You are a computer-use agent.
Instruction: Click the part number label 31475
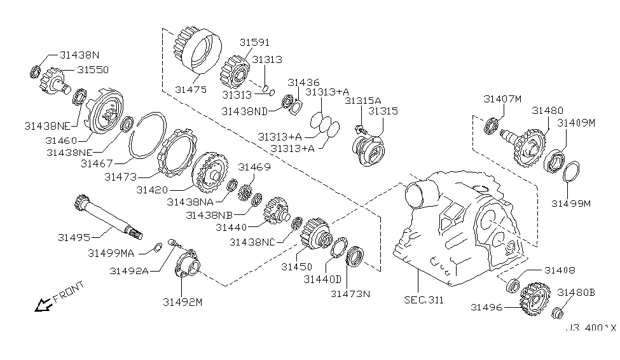[x=191, y=90]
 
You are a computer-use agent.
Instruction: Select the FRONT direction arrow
[x=43, y=305]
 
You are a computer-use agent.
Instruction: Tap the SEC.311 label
[x=424, y=300]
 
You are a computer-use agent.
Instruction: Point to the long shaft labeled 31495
[x=108, y=217]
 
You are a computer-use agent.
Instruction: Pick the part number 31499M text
[x=571, y=204]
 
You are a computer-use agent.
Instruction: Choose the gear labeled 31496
[x=535, y=299]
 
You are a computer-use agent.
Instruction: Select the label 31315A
[x=363, y=100]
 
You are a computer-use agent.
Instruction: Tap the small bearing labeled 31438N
[x=36, y=72]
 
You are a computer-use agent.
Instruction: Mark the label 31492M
[x=183, y=302]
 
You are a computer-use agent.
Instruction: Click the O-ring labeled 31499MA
[x=157, y=247]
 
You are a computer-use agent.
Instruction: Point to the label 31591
[x=254, y=42]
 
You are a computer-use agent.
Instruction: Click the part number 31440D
[x=322, y=279]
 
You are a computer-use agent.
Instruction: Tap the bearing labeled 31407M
[x=491, y=125]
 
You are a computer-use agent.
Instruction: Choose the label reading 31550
[x=93, y=69]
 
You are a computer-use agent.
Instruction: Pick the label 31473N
[x=350, y=294]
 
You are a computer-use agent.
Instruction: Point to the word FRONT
[x=69, y=291]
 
